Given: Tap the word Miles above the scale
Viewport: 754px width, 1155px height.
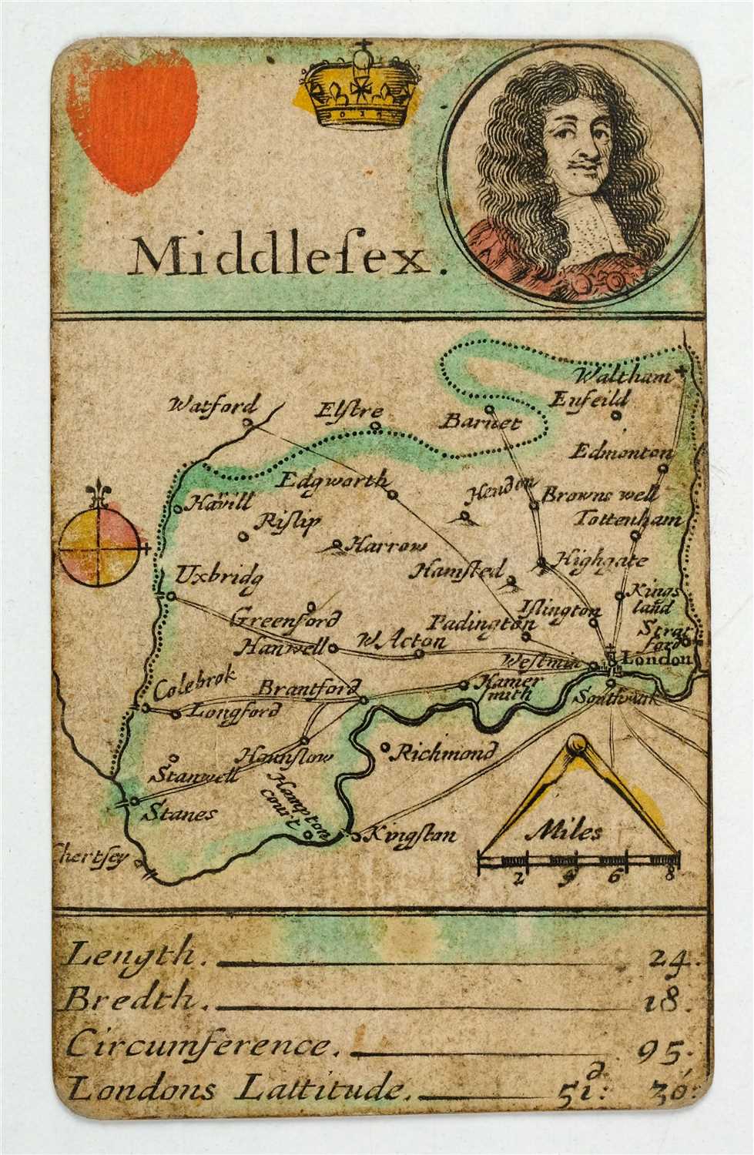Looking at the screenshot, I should click(565, 832).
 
